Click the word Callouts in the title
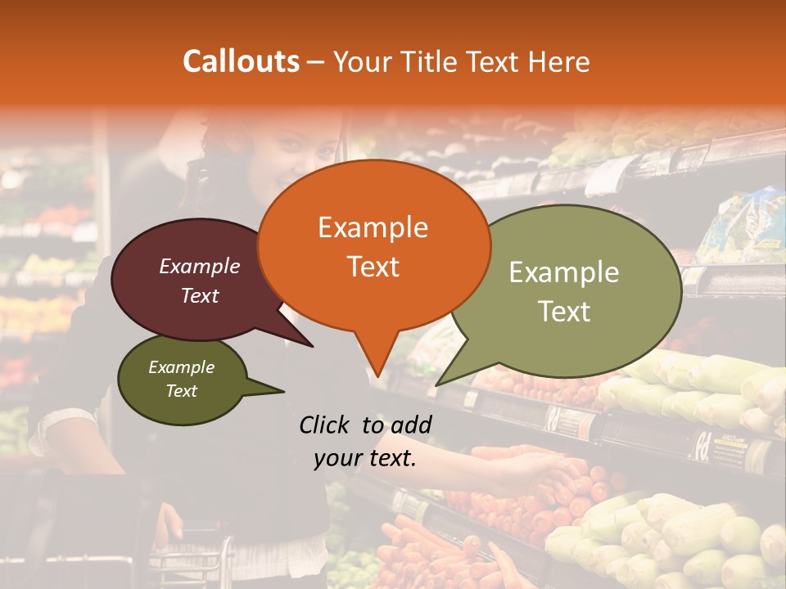(241, 61)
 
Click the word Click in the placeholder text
(325, 425)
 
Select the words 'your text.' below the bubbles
(365, 458)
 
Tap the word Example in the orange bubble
(373, 227)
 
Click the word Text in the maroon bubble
(200, 296)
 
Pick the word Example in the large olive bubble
(564, 272)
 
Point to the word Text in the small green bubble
(182, 391)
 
